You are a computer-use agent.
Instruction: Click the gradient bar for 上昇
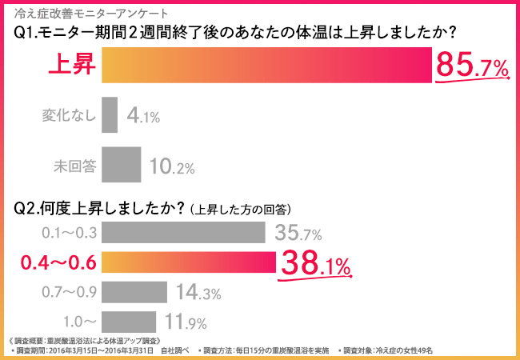267,67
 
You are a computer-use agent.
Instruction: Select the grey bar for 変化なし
110,115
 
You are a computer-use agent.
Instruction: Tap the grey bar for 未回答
122,166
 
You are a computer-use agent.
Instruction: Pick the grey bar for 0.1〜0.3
184,233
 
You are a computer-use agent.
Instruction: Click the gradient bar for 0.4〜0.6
189,262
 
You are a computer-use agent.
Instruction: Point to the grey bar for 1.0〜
129,322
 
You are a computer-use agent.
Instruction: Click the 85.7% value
471,67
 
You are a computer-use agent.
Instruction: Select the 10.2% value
171,166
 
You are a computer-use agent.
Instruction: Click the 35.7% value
298,234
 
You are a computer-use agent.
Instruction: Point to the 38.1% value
314,263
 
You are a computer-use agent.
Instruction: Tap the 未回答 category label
74,166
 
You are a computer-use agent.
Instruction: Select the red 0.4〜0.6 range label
58,262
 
